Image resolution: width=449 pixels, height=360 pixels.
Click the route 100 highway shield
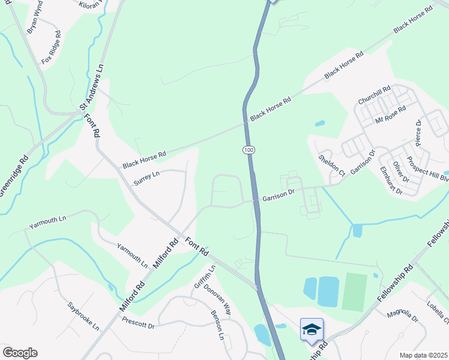point(248,148)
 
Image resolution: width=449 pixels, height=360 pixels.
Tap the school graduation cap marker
point(312,329)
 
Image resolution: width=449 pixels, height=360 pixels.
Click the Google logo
point(20,353)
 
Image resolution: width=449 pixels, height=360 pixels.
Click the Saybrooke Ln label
point(83,316)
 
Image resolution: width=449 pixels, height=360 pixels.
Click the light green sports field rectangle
point(354,292)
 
